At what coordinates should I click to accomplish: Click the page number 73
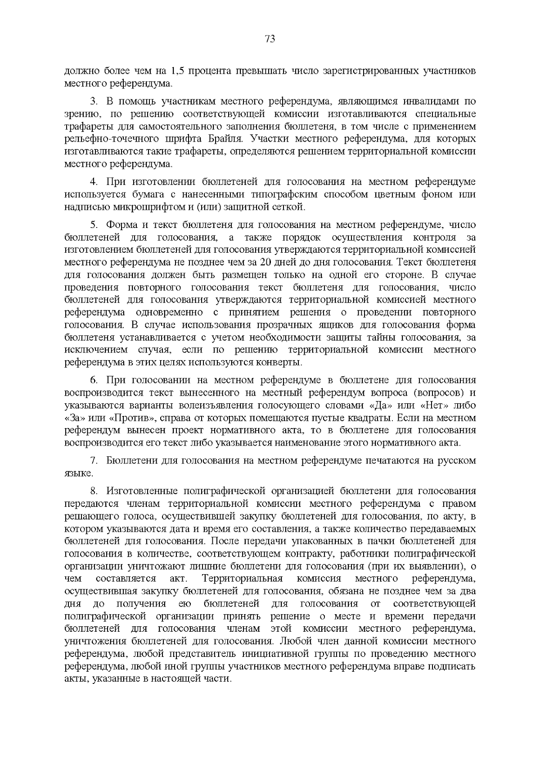(x=270, y=39)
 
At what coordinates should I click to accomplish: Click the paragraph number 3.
(x=94, y=101)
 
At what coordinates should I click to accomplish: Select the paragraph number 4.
(x=94, y=182)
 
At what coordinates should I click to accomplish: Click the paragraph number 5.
(x=94, y=225)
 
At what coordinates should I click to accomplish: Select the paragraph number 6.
(x=94, y=380)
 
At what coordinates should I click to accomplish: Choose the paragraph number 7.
(x=94, y=461)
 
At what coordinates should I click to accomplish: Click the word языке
(x=79, y=473)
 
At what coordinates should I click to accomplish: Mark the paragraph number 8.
(x=94, y=491)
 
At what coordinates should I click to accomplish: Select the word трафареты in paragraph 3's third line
(x=85, y=126)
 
